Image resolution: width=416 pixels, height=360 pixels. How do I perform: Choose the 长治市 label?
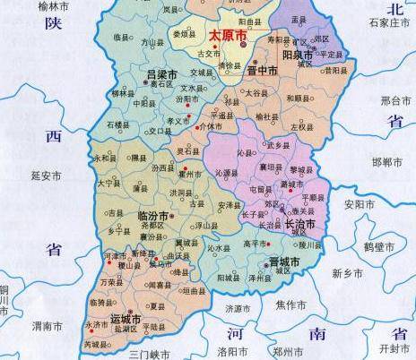click(x=299, y=224)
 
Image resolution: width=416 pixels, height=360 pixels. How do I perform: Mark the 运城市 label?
click(x=126, y=318)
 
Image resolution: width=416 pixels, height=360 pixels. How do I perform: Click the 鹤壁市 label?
click(x=392, y=244)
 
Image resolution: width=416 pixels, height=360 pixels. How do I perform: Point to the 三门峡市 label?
click(x=150, y=355)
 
